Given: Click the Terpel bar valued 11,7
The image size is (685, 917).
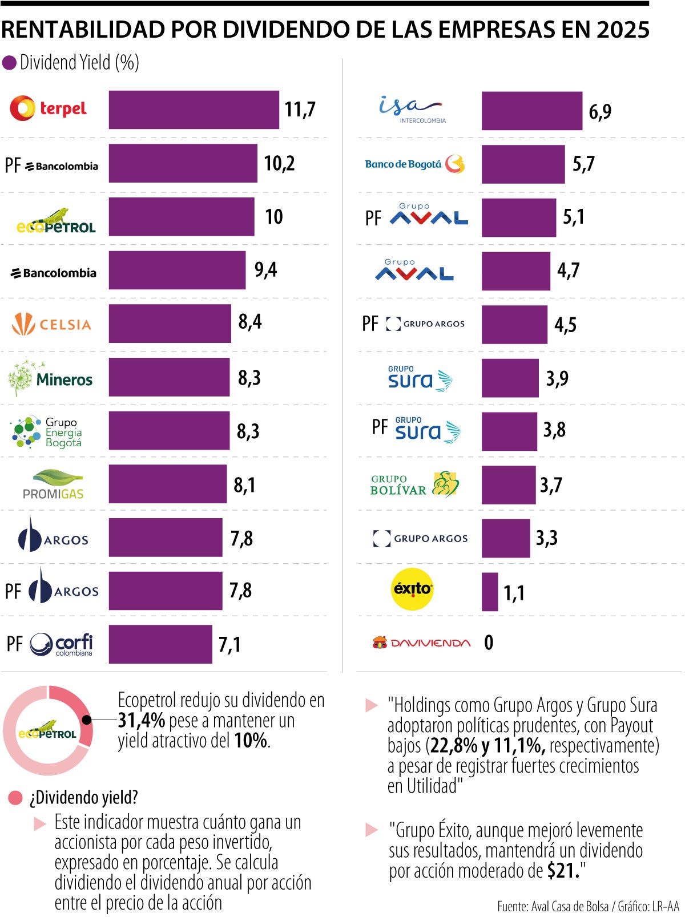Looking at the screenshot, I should coord(194,110).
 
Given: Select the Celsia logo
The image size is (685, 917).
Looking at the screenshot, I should coord(51,324).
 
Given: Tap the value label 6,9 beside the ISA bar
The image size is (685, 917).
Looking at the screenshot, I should coord(599,111).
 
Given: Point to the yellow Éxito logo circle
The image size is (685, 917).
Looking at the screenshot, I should coord(413,589).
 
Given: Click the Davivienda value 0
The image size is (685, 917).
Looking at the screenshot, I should coord(489,643).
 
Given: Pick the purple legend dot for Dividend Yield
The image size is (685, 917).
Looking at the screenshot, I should coord(9,63).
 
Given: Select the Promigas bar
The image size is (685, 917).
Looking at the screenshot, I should coord(167,484).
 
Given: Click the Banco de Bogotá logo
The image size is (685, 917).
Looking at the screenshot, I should coord(414,164).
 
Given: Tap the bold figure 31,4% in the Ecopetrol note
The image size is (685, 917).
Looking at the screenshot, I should coord(141,721).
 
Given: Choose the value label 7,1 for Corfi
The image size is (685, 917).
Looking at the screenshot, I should coord(229,645).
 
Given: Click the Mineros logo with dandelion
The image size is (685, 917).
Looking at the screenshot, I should coord(50,378).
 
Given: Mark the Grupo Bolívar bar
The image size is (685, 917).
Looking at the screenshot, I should coord(508,485).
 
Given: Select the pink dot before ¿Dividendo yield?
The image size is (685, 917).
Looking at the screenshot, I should coord(15,798).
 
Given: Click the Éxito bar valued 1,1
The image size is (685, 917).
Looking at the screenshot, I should coord(489,592).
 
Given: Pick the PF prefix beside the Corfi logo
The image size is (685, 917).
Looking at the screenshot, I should coord(14,644).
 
